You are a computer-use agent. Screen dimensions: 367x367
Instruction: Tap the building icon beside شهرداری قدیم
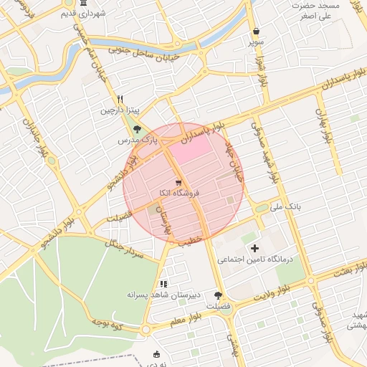coord(80,14)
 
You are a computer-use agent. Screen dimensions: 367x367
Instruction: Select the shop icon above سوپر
coord(257,32)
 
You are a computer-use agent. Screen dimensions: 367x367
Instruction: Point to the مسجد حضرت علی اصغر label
coord(316,11)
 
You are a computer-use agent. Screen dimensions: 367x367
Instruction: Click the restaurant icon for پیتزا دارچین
coord(120,99)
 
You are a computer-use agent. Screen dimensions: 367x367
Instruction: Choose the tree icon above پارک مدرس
coord(137,128)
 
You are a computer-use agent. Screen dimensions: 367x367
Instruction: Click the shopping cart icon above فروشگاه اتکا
coord(178,182)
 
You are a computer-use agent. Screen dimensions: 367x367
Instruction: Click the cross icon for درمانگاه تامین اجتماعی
coord(255,247)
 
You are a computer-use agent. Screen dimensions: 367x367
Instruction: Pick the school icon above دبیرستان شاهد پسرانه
coord(163,283)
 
